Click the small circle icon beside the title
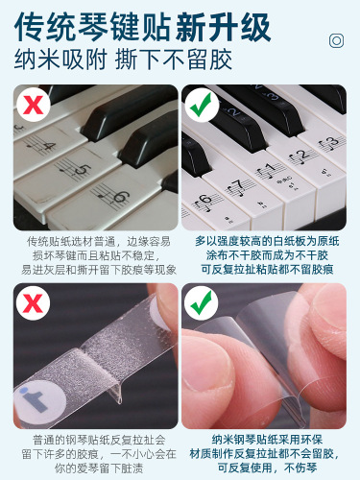(337, 40)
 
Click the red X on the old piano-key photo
(33, 104)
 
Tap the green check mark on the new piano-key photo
(201, 104)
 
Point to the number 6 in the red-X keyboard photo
(119, 199)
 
